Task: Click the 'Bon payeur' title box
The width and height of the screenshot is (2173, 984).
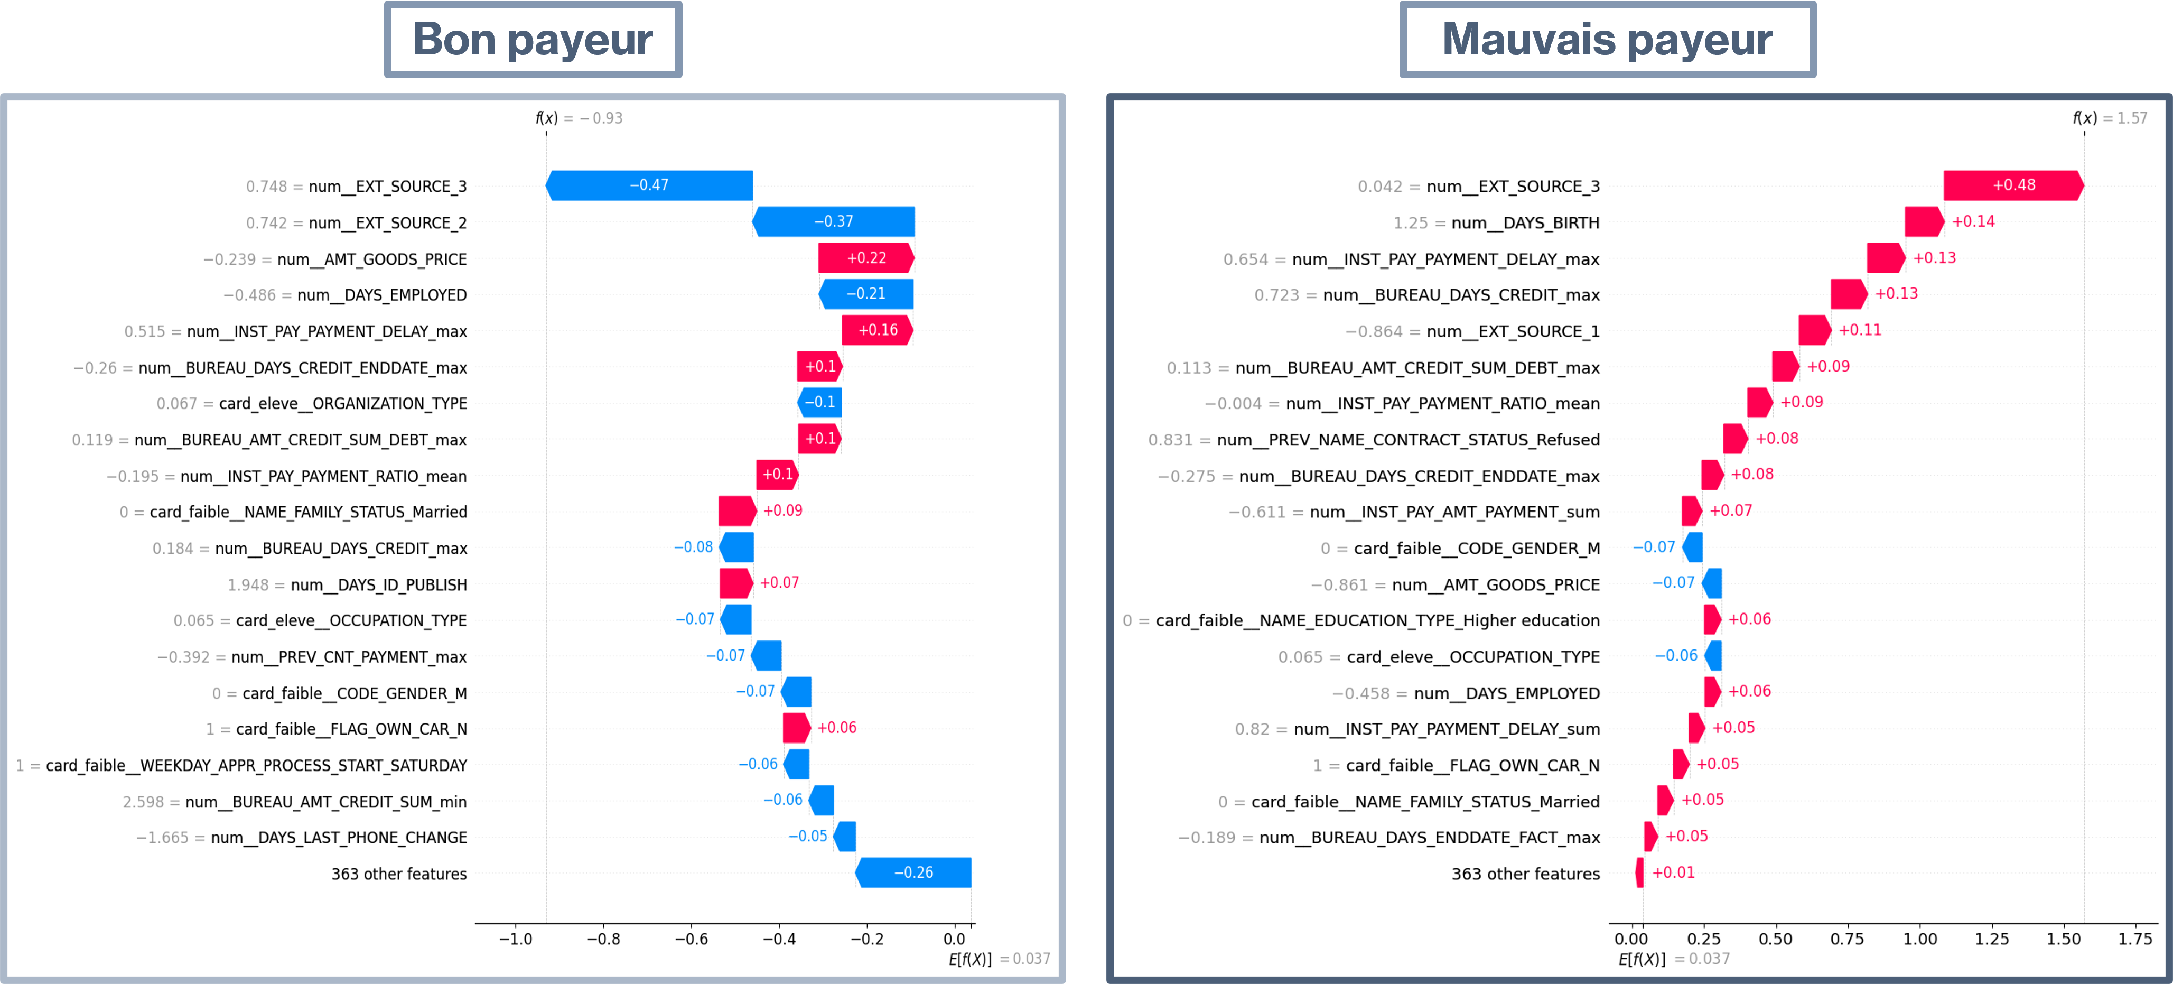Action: [533, 40]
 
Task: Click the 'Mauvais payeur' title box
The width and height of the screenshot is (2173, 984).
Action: [1607, 40]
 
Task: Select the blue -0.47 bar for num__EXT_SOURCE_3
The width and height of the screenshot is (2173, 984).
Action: [649, 185]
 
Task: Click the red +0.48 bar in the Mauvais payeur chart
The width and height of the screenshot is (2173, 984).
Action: [2013, 185]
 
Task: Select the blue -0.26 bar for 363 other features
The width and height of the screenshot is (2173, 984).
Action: [913, 872]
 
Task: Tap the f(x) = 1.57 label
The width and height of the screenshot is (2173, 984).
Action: [2110, 118]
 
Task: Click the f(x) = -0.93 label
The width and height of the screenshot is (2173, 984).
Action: [579, 118]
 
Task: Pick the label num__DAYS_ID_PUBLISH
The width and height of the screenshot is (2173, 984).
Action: [379, 585]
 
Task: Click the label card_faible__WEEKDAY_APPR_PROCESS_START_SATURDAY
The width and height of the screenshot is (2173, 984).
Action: [256, 765]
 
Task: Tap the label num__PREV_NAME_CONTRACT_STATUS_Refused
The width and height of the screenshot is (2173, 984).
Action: [1409, 440]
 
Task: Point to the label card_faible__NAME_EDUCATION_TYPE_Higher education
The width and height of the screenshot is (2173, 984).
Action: [1377, 621]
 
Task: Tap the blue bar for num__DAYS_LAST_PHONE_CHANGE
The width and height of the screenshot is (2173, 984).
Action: [844, 837]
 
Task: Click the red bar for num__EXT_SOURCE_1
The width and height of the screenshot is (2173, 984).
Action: [1814, 330]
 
